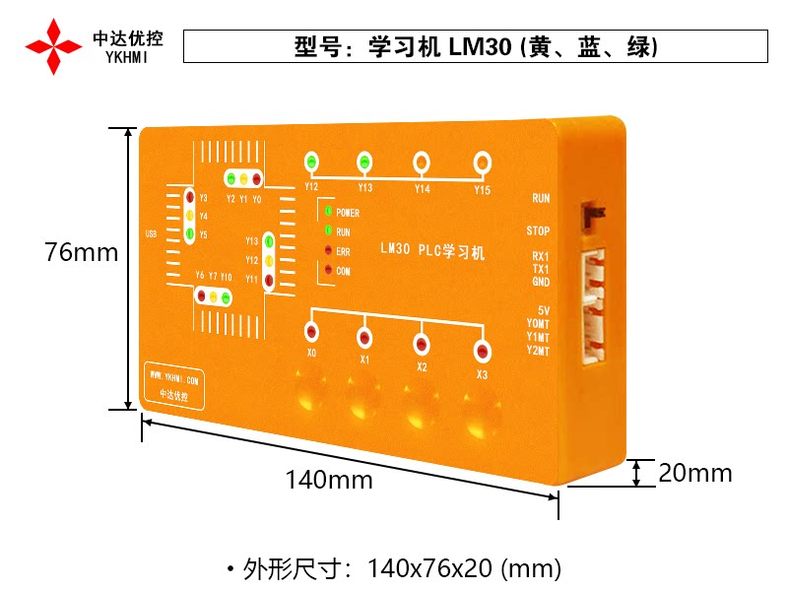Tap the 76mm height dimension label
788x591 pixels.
pos(81,252)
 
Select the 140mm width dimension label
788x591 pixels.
pos(329,480)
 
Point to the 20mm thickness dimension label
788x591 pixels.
pos(695,473)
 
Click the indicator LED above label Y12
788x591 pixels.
pos(311,162)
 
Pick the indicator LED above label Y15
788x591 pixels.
pos(482,161)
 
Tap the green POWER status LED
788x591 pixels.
pos(327,211)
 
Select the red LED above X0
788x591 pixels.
pos(312,332)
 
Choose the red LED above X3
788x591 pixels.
pos(482,351)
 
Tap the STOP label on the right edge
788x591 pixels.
pos(538,231)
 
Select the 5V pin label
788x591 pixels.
pos(543,310)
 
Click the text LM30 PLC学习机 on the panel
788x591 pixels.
pos(432,251)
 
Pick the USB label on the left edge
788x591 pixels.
pos(151,233)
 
